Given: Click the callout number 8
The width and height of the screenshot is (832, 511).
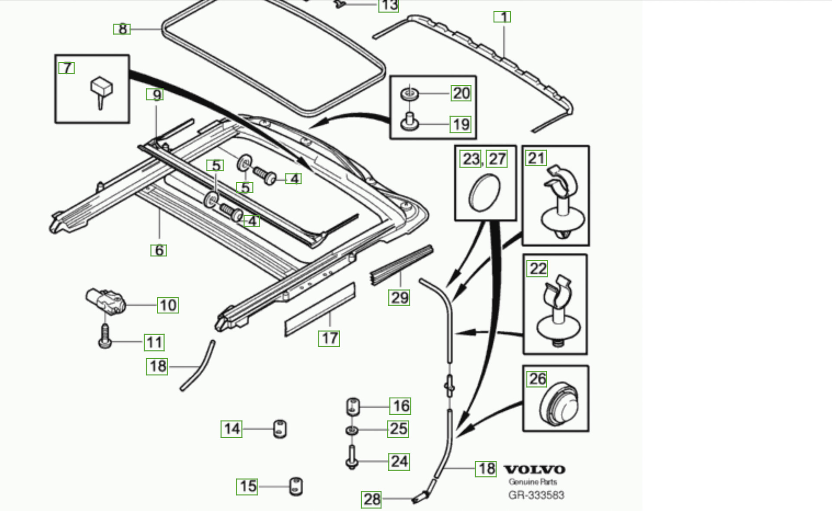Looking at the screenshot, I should pyautogui.click(x=122, y=29).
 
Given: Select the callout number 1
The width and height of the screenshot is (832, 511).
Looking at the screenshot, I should pyautogui.click(x=503, y=17).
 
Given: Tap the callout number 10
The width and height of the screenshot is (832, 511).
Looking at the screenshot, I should pyautogui.click(x=168, y=305).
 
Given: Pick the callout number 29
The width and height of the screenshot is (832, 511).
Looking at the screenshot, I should pyautogui.click(x=400, y=298).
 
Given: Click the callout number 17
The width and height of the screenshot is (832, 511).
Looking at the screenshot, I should pyautogui.click(x=329, y=338).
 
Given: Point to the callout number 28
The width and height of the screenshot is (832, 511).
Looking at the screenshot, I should pyautogui.click(x=372, y=499).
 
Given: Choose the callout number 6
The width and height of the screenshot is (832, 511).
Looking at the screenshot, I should pyautogui.click(x=159, y=250).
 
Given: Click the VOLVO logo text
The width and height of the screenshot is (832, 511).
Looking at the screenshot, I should pyautogui.click(x=534, y=470).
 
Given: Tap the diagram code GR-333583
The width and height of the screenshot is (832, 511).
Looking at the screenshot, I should pyautogui.click(x=536, y=495).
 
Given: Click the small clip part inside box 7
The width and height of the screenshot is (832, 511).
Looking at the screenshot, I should pyautogui.click(x=101, y=91).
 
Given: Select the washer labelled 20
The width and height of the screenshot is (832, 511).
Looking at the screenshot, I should pyautogui.click(x=409, y=94).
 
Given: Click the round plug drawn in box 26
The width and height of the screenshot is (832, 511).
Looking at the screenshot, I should pyautogui.click(x=559, y=404).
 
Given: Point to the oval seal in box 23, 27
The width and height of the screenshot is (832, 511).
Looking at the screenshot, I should pyautogui.click(x=485, y=193).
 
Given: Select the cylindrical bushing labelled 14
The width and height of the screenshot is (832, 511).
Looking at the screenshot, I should pyautogui.click(x=280, y=429).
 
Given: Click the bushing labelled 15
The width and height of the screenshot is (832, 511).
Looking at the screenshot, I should pyautogui.click(x=296, y=486).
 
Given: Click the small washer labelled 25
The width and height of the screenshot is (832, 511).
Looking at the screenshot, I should pyautogui.click(x=352, y=430).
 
